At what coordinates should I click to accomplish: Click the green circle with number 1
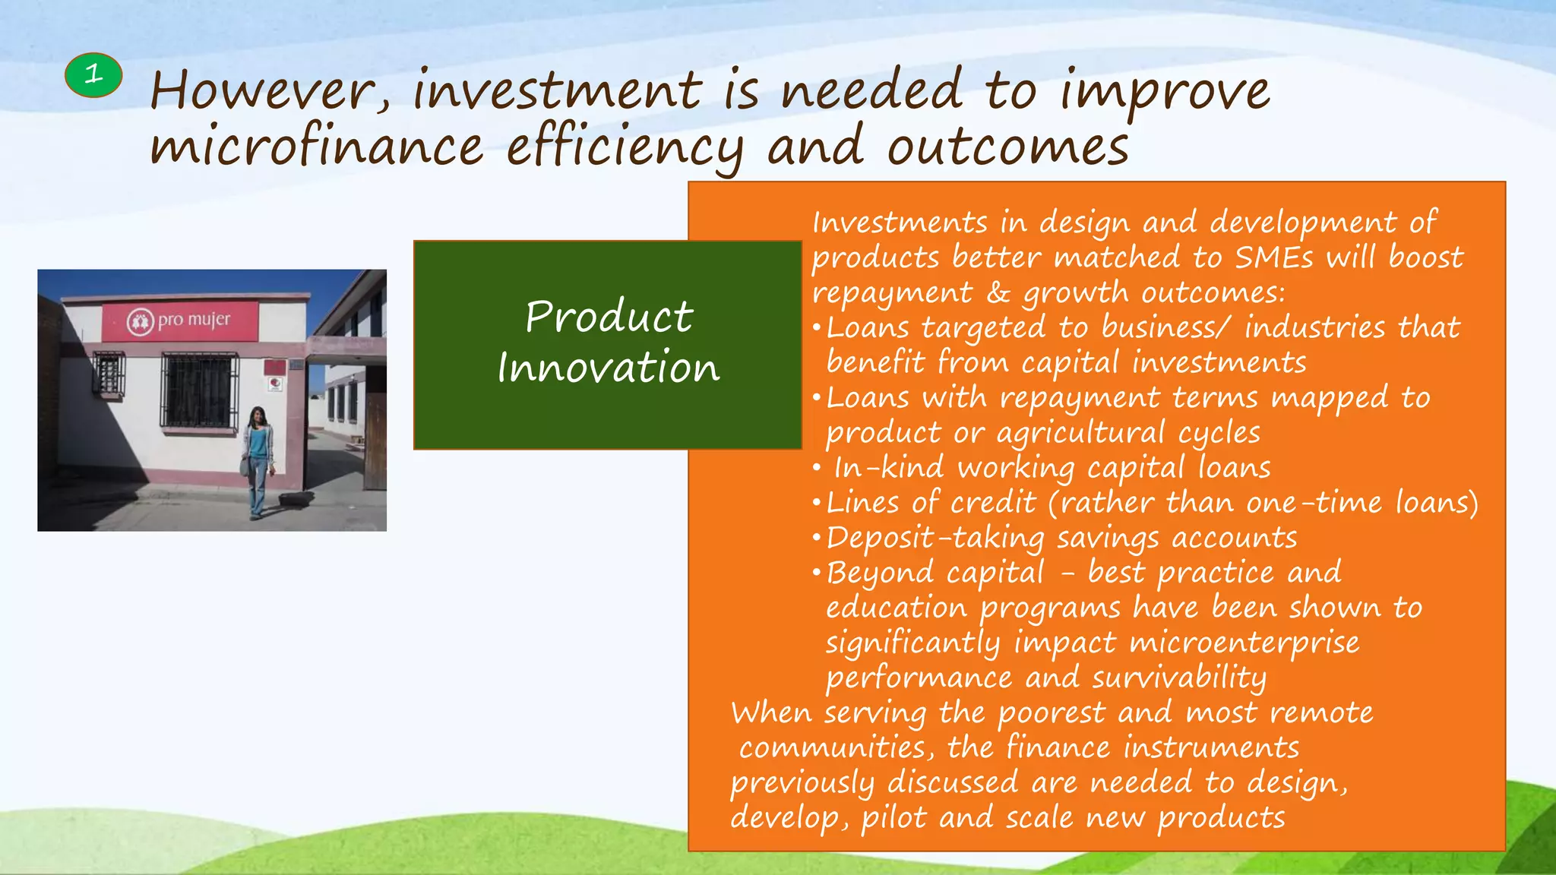coord(93,75)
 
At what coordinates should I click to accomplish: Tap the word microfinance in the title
coord(316,147)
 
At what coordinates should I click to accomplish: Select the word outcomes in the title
coord(1008,147)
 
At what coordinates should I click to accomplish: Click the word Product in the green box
coord(609,316)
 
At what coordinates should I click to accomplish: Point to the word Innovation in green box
coord(608,368)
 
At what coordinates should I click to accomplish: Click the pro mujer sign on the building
coord(180,321)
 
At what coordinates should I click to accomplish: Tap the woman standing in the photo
coord(258,462)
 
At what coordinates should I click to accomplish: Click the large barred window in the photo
coord(199,390)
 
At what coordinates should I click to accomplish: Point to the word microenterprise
coord(1244,643)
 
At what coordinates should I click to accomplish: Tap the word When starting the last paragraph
coord(771,713)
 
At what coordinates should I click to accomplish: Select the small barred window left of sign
coord(109,374)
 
